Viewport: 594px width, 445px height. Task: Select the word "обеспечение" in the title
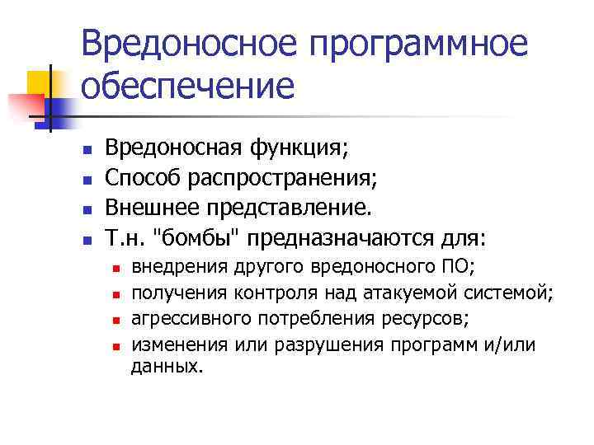point(187,85)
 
